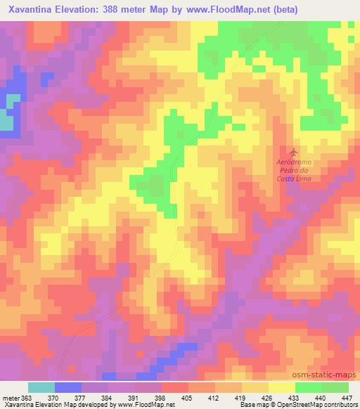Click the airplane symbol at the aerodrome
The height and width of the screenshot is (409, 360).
click(x=293, y=152)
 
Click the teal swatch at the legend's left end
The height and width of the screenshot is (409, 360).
click(x=41, y=387)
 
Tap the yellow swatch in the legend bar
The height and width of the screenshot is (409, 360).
click(x=281, y=387)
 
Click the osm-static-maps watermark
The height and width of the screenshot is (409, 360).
click(x=330, y=376)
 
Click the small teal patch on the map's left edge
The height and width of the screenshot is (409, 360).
click(x=6, y=122)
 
